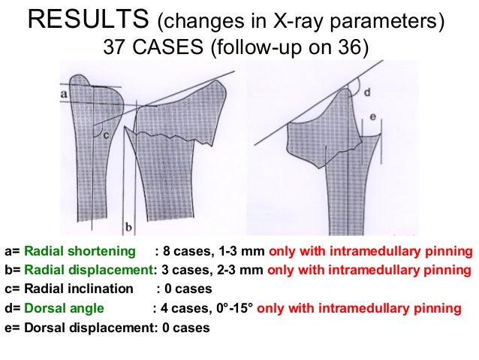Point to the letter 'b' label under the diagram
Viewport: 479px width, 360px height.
click(x=128, y=225)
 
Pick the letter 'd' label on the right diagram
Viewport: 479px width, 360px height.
click(x=366, y=92)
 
